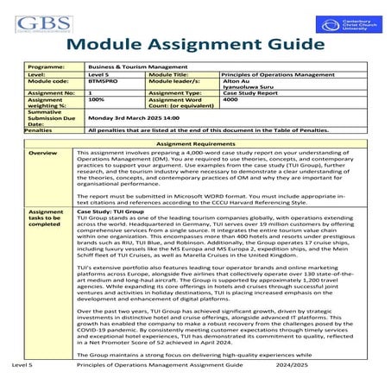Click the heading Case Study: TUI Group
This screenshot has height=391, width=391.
coord(110,211)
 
